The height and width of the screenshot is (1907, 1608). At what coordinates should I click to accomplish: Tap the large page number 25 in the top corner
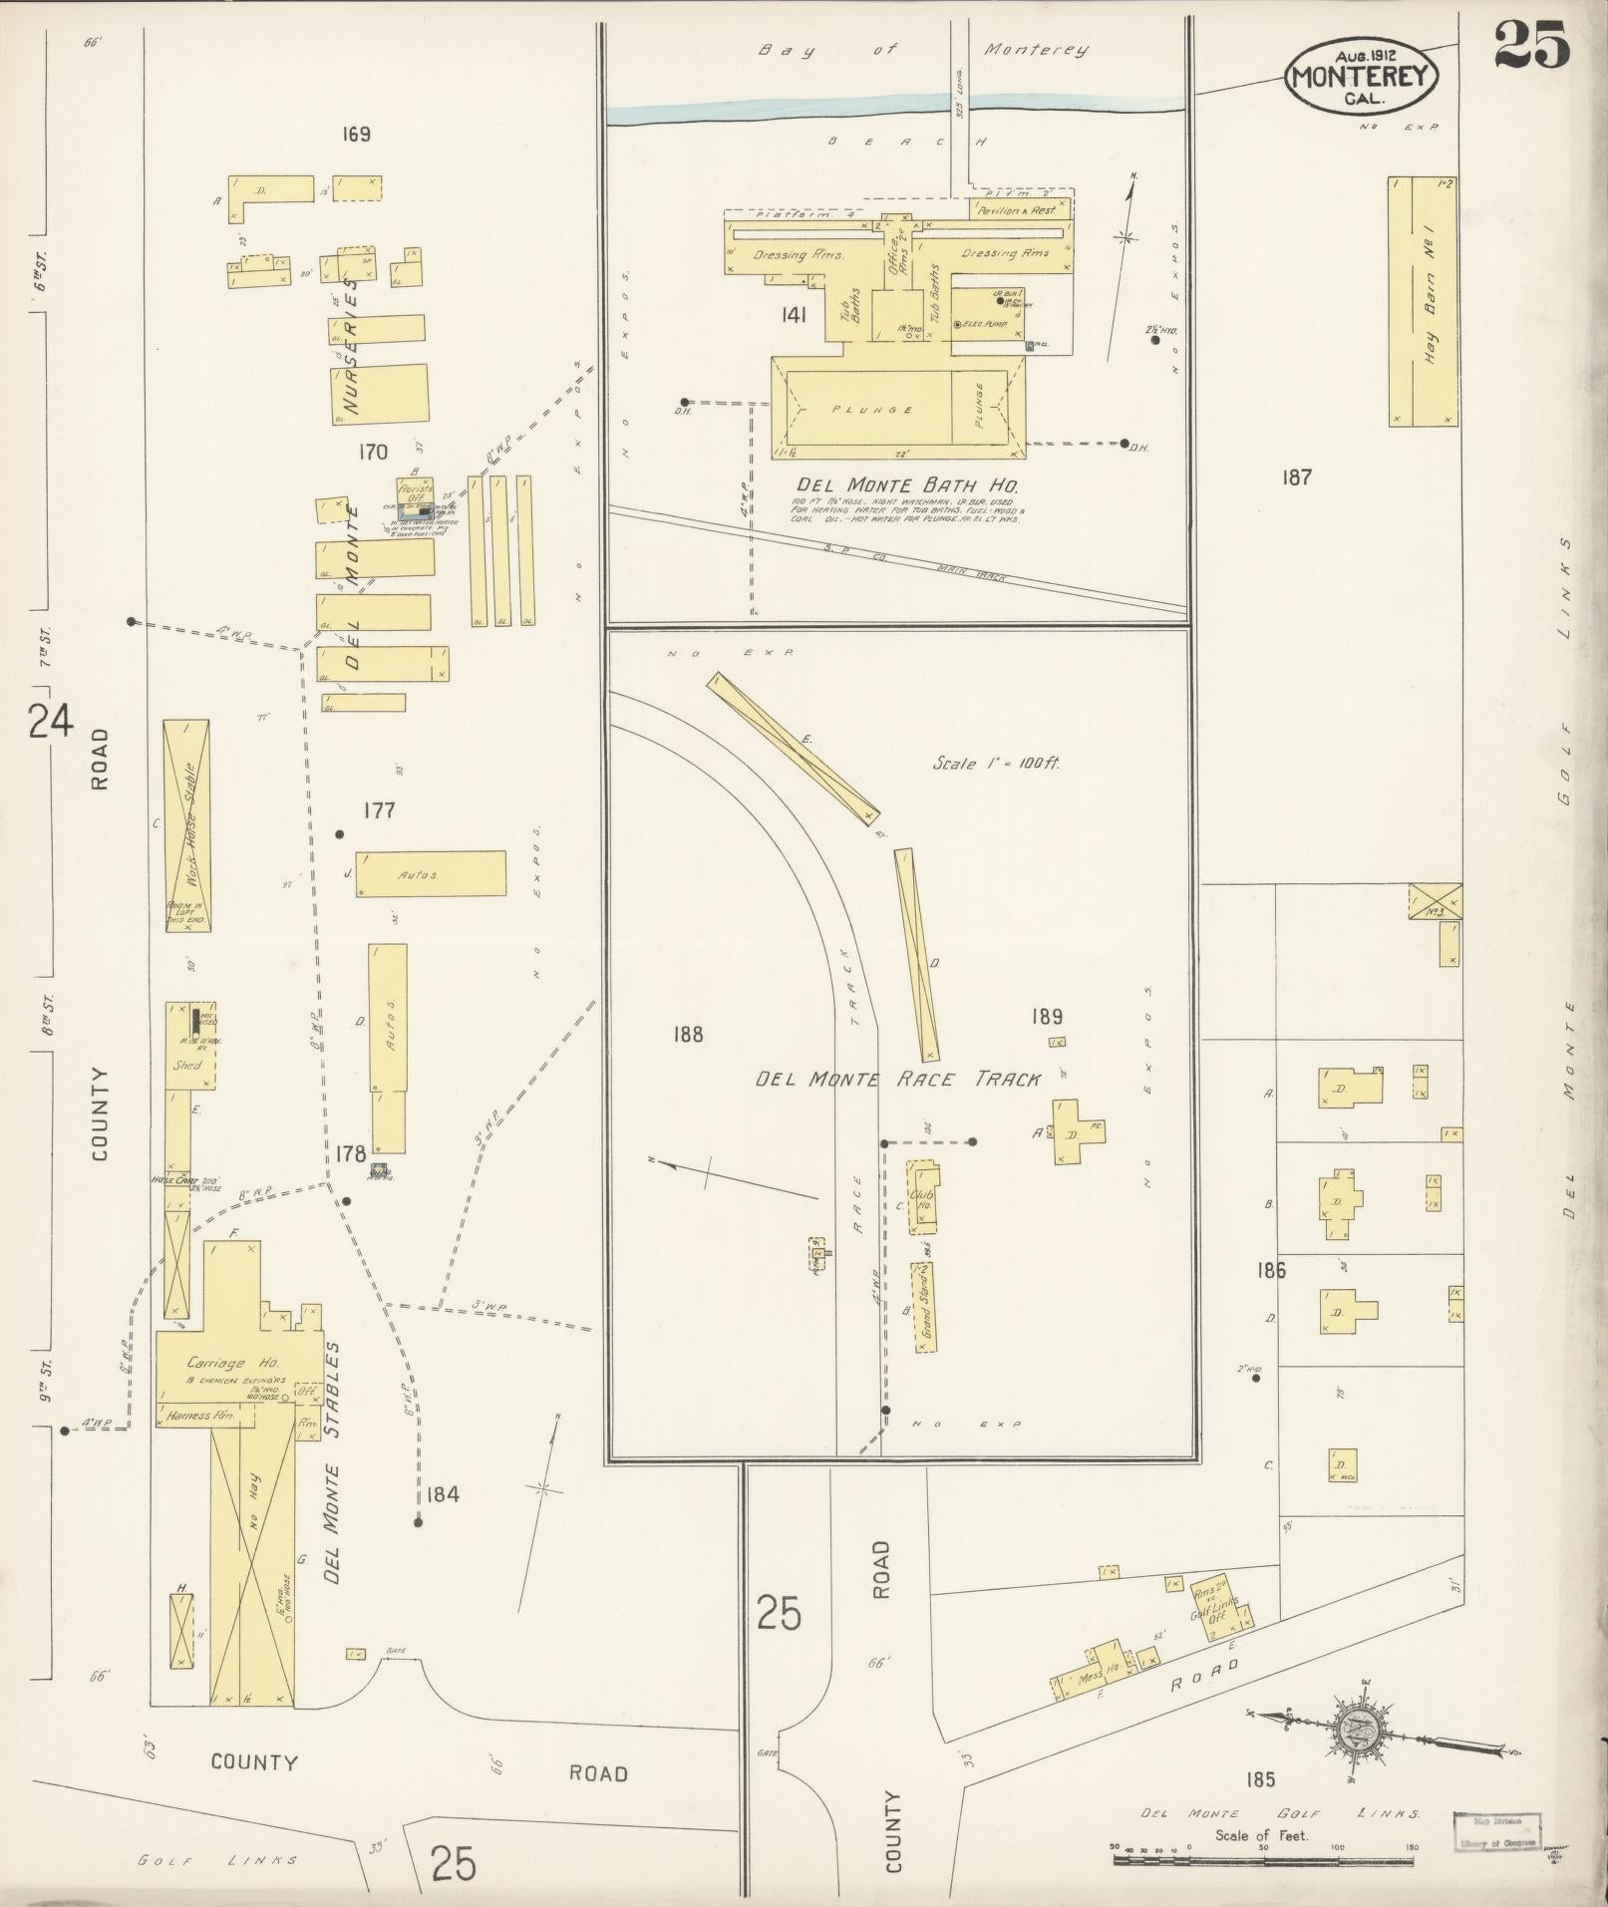click(1531, 46)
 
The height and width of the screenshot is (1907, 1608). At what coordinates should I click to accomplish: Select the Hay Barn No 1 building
click(1423, 301)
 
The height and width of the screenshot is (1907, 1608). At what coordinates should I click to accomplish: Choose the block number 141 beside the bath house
click(795, 316)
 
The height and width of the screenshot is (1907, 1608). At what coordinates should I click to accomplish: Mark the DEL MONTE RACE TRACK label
click(897, 1079)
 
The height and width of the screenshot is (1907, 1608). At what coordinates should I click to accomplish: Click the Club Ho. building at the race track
click(920, 1197)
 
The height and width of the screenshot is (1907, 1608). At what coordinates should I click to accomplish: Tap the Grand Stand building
click(924, 1306)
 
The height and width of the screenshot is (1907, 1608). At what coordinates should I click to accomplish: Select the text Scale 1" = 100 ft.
click(996, 764)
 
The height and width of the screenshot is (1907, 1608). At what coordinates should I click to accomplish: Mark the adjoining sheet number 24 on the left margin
click(50, 720)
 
